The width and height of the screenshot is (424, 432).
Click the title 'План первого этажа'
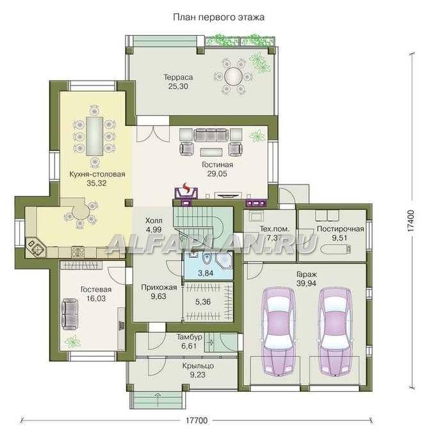(218, 17)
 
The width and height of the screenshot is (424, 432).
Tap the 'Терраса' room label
(178, 77)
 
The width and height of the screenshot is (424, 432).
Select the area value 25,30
(178, 86)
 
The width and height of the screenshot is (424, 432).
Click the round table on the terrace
(233, 76)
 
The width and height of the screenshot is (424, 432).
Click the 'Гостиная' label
(217, 164)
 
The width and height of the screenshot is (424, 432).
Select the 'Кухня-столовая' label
(97, 174)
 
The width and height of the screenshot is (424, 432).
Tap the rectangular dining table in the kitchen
(94, 136)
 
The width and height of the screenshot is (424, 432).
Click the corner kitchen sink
(35, 247)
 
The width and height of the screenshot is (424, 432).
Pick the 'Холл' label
(154, 220)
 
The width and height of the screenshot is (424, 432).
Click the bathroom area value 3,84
(206, 273)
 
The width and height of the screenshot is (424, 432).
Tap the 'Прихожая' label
(159, 287)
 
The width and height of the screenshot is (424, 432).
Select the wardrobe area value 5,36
(203, 301)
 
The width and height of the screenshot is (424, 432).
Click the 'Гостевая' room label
(96, 289)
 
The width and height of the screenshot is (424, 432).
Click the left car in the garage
(278, 332)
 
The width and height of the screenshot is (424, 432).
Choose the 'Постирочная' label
(340, 228)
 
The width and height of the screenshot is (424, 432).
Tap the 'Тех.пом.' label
(274, 228)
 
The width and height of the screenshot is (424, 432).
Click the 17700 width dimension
(196, 420)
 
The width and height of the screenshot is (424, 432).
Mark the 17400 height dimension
(411, 220)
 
